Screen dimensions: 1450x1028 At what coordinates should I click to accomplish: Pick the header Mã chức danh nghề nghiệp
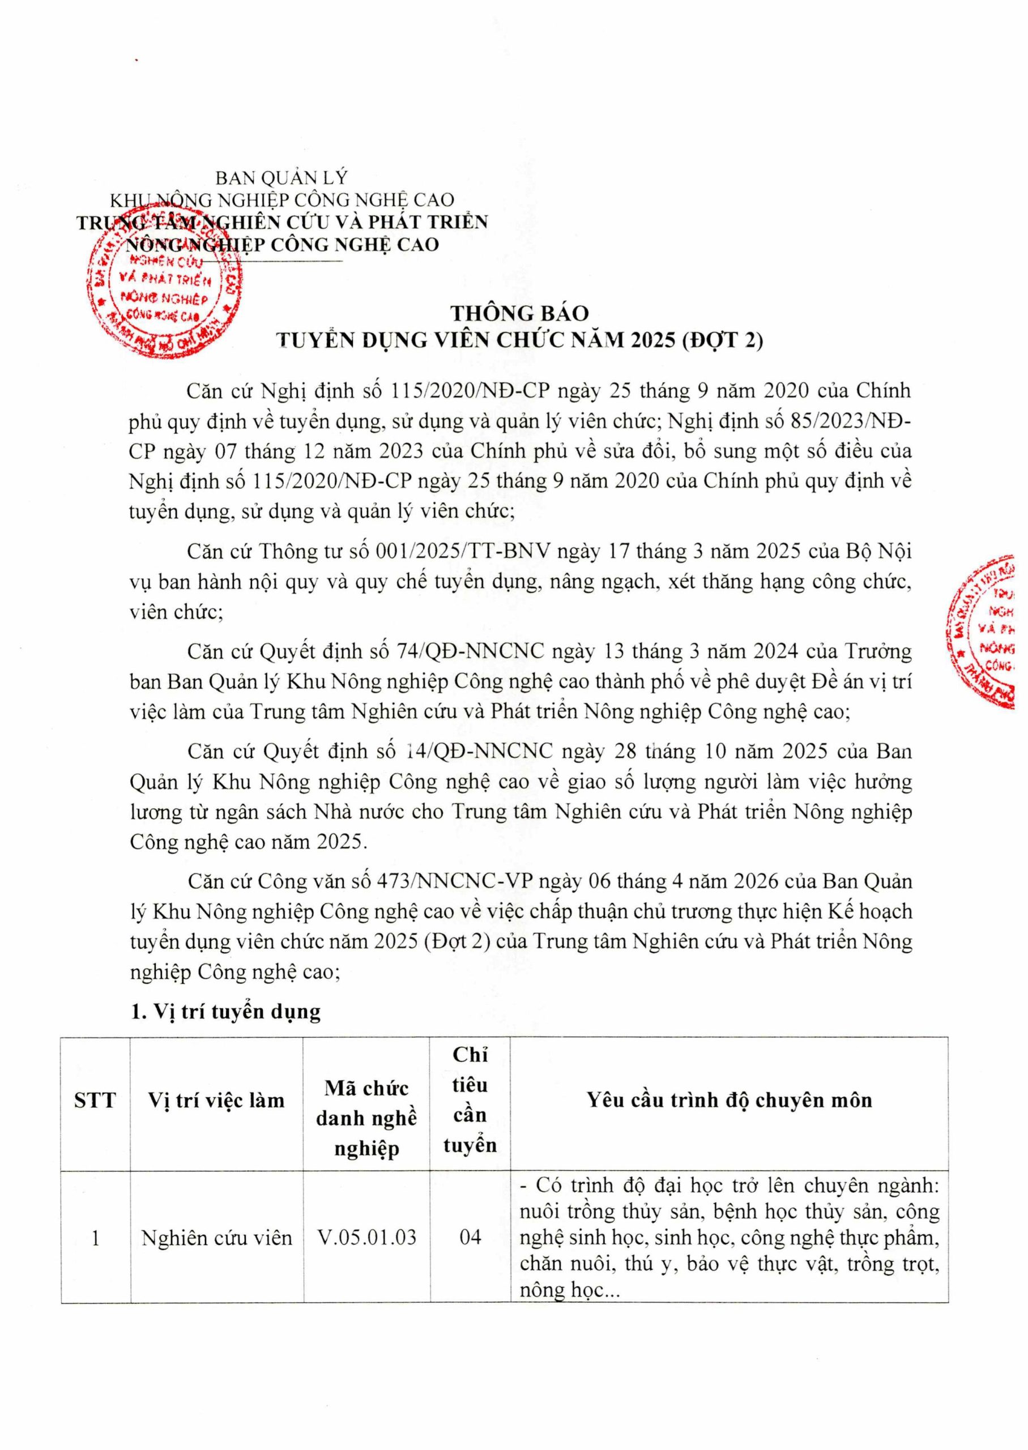coord(366,1118)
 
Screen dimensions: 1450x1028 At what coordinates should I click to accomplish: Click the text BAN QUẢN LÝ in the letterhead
coord(281,178)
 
